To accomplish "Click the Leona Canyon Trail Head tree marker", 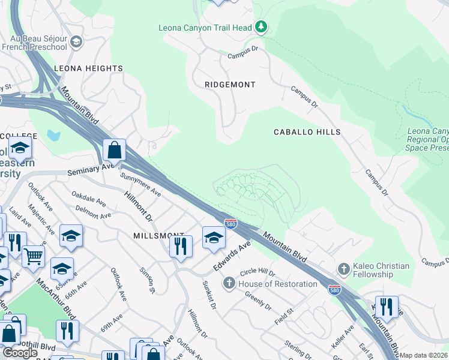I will tap(261, 27).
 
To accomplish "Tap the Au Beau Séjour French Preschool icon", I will tap(76, 41).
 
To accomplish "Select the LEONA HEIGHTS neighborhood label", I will tap(88, 68).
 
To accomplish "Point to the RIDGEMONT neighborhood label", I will tap(230, 85).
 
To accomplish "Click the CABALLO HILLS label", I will tap(307, 131).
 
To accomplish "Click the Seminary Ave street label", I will tap(91, 170).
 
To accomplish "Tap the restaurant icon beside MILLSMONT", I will tap(180, 245).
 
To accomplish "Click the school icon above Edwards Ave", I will tap(214, 237).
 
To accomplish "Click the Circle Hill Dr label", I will tap(273, 273).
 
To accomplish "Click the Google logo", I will tap(20, 352).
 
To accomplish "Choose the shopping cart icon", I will tap(33, 256).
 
